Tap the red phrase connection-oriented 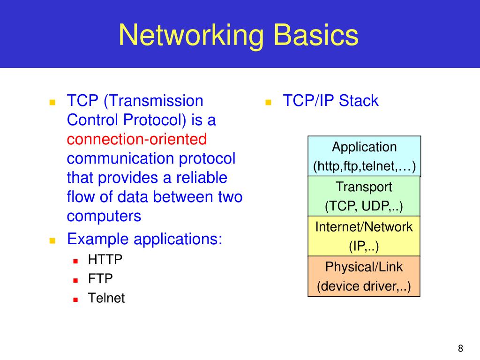[x=136, y=139]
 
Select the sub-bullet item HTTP [x=105, y=260]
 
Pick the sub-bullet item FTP [x=100, y=279]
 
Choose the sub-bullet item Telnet [x=106, y=298]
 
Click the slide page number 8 [x=460, y=348]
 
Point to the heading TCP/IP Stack [x=330, y=101]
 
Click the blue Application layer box [x=364, y=156]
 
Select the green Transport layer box [x=364, y=196]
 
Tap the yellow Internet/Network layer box [x=364, y=236]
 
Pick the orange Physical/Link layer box [x=364, y=276]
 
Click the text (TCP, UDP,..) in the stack [x=364, y=206]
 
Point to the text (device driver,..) [x=364, y=286]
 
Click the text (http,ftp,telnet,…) [x=364, y=167]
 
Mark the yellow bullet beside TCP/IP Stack [x=269, y=102]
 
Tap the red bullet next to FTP [x=75, y=280]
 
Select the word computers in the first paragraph [x=104, y=216]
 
